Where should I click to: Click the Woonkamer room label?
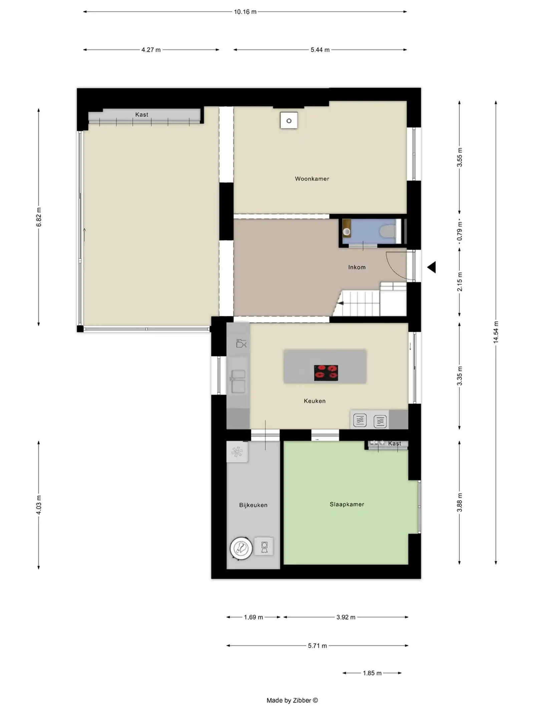coord(312,179)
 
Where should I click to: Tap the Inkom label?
coord(357,267)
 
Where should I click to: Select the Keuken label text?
coord(314,401)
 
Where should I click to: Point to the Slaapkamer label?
coord(347,504)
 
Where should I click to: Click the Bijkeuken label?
coord(253,505)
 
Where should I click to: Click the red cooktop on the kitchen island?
coord(326,373)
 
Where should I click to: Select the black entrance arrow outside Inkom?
coord(432,267)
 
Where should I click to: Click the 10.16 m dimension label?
coord(245,12)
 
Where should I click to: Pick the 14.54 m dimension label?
coord(496,332)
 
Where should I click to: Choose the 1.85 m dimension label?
coord(372,673)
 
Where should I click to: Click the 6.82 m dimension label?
coord(39,217)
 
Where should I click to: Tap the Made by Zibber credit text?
coord(292,700)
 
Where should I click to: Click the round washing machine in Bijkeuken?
coord(241,548)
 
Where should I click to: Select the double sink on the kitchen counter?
coord(238,381)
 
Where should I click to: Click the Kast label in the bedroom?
coord(394,444)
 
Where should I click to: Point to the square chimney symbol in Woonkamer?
coord(289,121)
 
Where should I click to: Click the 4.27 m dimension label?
coord(151,50)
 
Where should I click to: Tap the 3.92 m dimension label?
coord(345,617)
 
